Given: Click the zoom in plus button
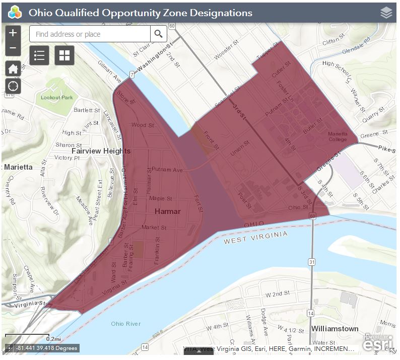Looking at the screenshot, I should coord(13,33).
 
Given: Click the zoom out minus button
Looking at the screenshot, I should coord(13,48).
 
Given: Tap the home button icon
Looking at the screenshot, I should coord(13,69).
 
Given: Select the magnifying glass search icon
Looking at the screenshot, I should coord(158,34).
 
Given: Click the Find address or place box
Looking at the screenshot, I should coord(90,34).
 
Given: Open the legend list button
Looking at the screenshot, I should coord(39,55).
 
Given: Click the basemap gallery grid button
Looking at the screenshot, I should coord(64,55).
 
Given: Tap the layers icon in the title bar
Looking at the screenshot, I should coord(386,13).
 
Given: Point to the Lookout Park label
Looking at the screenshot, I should coord(57,97).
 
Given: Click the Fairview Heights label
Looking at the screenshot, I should coord(101,151).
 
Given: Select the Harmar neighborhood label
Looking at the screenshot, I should coord(167,211).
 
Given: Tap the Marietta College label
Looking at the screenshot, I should coord(338,136).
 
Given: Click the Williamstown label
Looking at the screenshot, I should coord(335,328).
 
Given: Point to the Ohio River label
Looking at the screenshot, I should coord(126,323).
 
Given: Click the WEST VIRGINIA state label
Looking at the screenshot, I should coord(256,237).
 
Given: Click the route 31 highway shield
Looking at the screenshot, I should coord(312,262).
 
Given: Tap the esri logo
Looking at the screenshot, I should coord(378,344).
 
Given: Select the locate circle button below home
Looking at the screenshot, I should coord(13,86).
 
